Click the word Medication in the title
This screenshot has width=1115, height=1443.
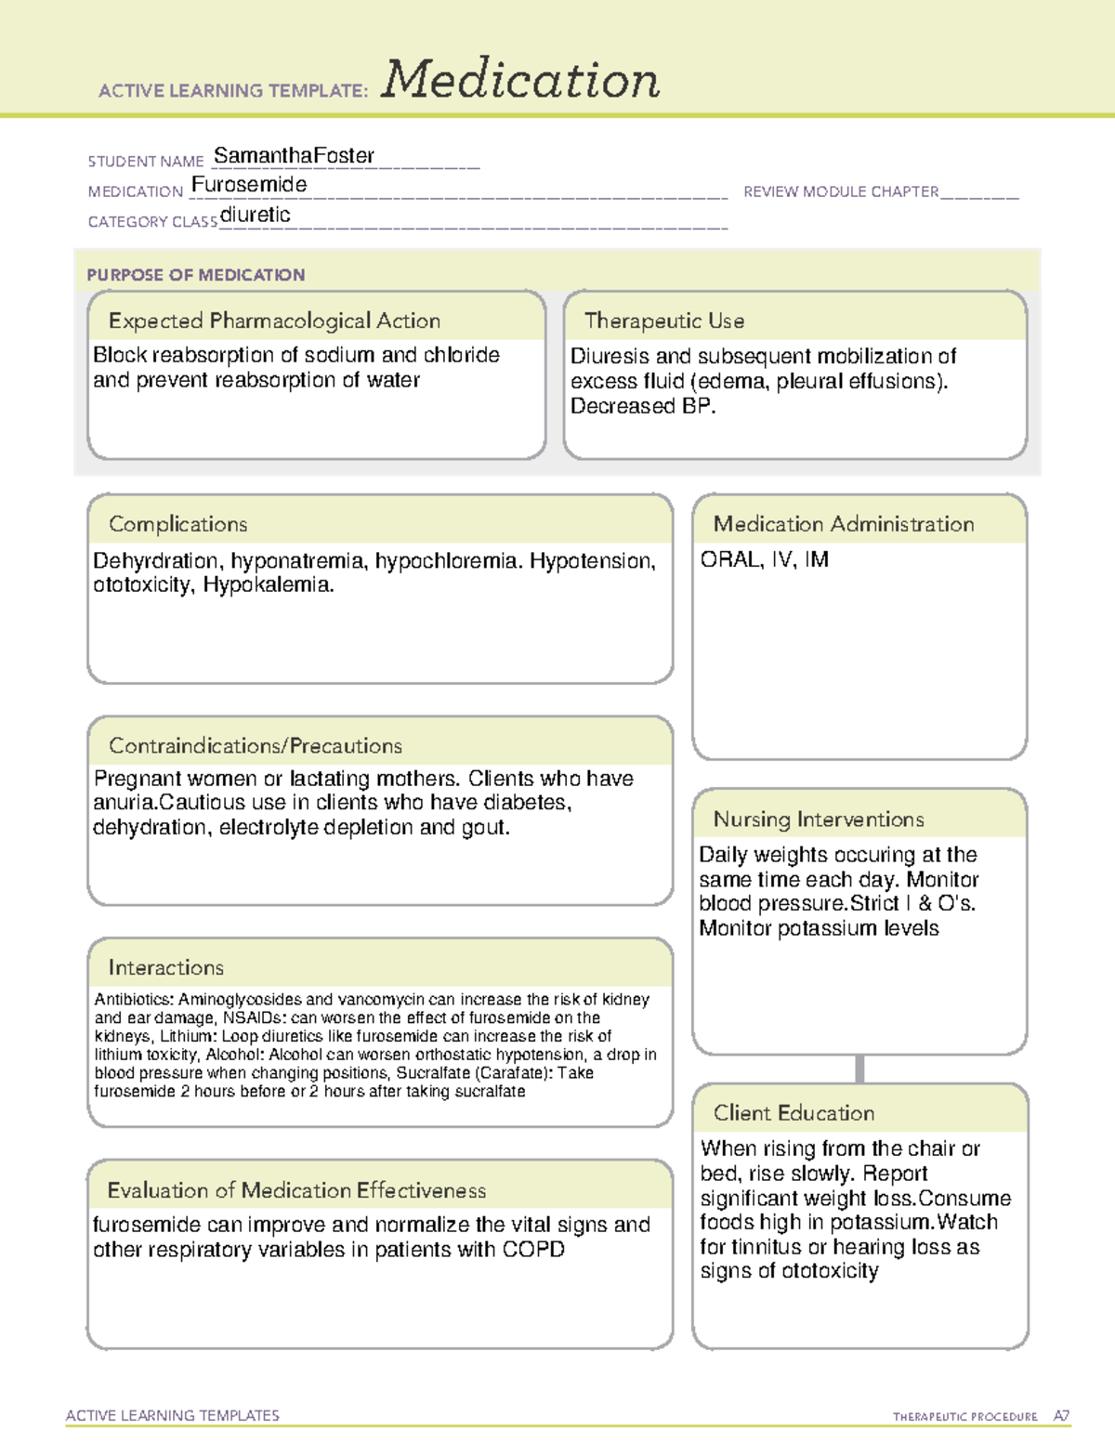pyautogui.click(x=520, y=80)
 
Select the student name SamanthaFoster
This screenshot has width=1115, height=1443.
pyautogui.click(x=294, y=156)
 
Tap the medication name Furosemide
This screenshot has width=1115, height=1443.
pyautogui.click(x=249, y=185)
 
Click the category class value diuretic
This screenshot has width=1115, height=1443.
pyautogui.click(x=256, y=215)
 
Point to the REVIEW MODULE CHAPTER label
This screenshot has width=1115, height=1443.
pyautogui.click(x=841, y=191)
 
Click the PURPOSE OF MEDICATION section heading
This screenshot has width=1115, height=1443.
pyautogui.click(x=196, y=275)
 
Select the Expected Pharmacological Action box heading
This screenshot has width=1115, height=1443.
pyautogui.click(x=274, y=321)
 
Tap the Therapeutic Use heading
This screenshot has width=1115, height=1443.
pyautogui.click(x=664, y=321)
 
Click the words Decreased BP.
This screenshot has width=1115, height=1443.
pyautogui.click(x=643, y=406)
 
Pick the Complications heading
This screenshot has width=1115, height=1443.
pyautogui.click(x=178, y=524)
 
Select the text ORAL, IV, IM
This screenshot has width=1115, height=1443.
pyautogui.click(x=764, y=559)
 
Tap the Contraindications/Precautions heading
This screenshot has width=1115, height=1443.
pyautogui.click(x=256, y=745)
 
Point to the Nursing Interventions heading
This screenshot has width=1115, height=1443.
pyautogui.click(x=819, y=819)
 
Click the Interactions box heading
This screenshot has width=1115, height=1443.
pyautogui.click(x=166, y=967)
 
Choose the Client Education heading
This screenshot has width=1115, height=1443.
pyautogui.click(x=794, y=1112)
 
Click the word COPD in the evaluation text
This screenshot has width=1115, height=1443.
pyautogui.click(x=533, y=1250)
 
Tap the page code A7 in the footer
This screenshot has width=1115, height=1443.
pyautogui.click(x=1061, y=1416)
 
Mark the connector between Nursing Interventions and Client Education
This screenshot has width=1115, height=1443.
pyautogui.click(x=859, y=1069)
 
